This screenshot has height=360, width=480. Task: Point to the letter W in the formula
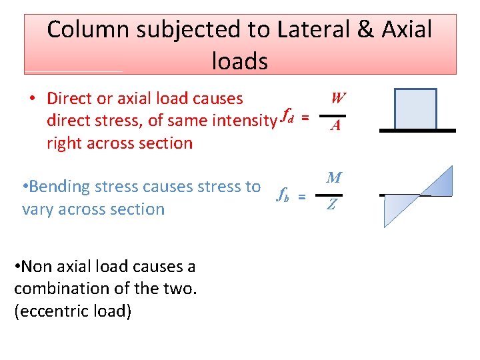(x=338, y=99)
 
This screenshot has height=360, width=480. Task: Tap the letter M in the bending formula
(x=335, y=178)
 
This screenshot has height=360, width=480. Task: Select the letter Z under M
(x=331, y=205)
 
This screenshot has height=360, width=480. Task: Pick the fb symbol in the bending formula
(x=283, y=194)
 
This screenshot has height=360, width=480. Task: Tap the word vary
(x=39, y=209)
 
